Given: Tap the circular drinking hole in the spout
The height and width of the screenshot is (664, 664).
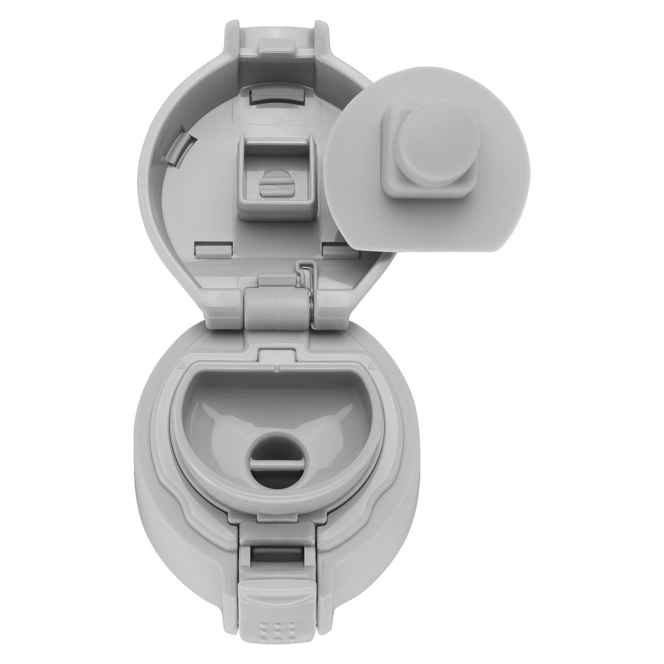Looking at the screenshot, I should (x=276, y=448).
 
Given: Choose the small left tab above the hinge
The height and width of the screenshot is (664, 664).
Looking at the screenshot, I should (x=212, y=250).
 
